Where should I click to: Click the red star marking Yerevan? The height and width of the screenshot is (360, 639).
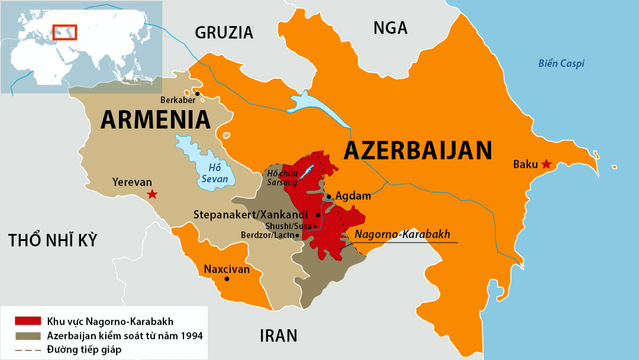click(152, 194)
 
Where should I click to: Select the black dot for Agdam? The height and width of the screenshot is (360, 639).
click(330, 196)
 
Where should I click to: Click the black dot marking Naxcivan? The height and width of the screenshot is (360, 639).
click(227, 279)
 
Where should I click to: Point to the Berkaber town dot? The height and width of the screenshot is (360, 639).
click(198, 93)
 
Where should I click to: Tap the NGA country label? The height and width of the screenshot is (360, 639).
click(390, 28)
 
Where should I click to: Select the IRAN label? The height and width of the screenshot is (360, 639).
click(278, 336)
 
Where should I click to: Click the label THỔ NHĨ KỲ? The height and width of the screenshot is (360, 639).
click(53, 240)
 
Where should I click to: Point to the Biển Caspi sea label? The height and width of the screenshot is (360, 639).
click(561, 63)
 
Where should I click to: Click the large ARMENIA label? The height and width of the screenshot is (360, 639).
click(156, 120)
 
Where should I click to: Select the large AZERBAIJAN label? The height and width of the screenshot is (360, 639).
click(418, 150)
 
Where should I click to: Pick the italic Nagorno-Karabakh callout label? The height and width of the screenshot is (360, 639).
click(402, 234)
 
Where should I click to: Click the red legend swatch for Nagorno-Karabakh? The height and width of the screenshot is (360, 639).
click(28, 322)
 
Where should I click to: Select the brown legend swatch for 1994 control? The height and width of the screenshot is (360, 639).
click(28, 336)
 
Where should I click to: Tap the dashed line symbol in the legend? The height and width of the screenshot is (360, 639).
click(28, 349)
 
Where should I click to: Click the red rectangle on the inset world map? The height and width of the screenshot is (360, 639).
click(65, 31)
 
